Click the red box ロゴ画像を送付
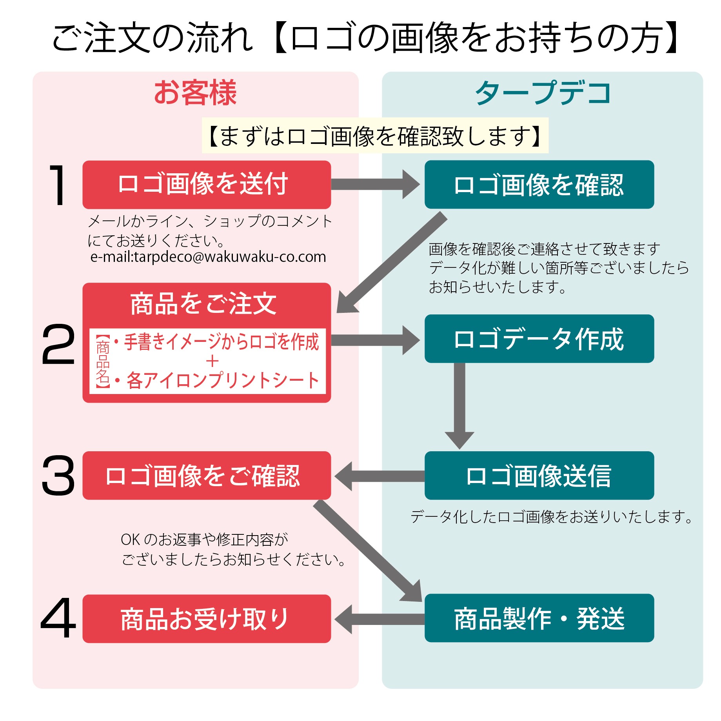(207, 184)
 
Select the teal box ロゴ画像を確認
(539, 184)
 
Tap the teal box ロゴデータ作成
(539, 339)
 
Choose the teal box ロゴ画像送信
(539, 475)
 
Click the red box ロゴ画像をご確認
(207, 475)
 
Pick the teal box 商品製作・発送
(539, 618)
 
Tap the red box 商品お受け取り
(207, 619)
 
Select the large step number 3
(58, 475)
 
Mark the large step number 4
(58, 618)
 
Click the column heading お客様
(195, 93)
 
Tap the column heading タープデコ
(543, 93)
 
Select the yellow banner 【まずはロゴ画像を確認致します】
(375, 136)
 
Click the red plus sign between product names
(212, 361)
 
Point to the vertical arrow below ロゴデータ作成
(459, 404)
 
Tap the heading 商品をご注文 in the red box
(203, 304)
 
